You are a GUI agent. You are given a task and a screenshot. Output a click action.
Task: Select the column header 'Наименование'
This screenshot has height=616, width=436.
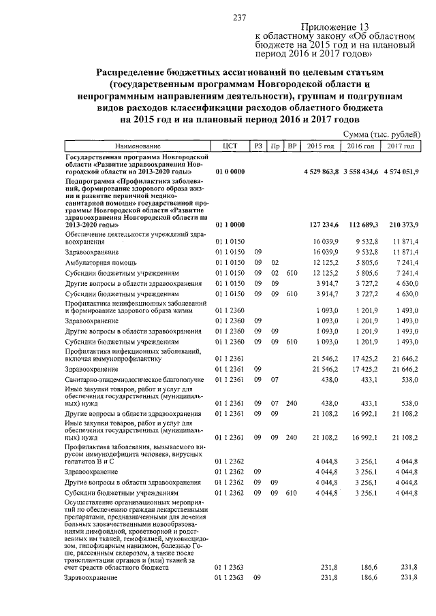[x=138, y=146]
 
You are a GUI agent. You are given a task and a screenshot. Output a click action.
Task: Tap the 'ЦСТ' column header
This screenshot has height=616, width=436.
[x=229, y=146]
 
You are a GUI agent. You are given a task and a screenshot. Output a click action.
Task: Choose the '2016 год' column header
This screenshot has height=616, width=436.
[x=360, y=146]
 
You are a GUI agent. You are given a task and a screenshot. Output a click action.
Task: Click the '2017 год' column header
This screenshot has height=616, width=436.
[x=401, y=146]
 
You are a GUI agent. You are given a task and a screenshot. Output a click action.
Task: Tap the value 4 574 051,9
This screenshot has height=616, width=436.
[x=401, y=171]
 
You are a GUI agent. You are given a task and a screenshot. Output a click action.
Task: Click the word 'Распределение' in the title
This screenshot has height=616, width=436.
[x=132, y=71]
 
